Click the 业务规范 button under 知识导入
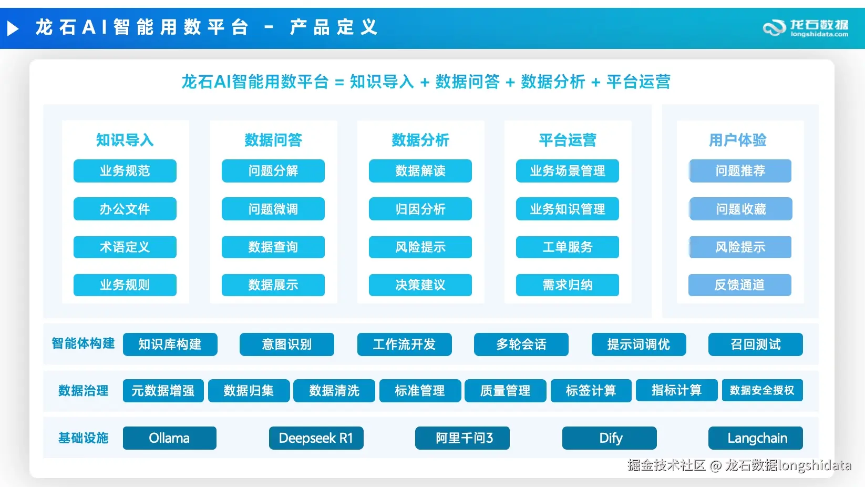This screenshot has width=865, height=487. coord(125,170)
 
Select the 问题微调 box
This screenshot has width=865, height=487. coord(273,209)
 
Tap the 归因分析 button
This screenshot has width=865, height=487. coord(420,209)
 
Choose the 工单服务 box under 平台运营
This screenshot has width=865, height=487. coord(567,247)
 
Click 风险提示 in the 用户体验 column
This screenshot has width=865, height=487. coord(740,247)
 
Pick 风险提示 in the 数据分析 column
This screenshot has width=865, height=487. coord(420,247)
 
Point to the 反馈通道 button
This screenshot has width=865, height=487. coord(739,285)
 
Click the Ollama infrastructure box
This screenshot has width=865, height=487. coord(170,438)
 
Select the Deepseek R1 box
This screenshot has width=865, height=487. coord(316,438)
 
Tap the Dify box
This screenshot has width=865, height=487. coord(610,438)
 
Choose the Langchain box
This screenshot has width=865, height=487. coord(756,438)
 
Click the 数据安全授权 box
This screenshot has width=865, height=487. coord(763,390)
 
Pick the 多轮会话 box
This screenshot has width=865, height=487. coord(521,344)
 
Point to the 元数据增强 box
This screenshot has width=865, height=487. coord(163,390)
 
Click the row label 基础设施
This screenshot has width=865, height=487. coord(83,438)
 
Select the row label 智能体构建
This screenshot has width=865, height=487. coord(83,343)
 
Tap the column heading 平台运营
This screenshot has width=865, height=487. coord(567,140)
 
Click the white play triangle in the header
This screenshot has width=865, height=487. coord(13,28)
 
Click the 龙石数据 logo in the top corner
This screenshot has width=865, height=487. coord(806,28)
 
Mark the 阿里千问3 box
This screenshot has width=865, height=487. coord(462,438)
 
